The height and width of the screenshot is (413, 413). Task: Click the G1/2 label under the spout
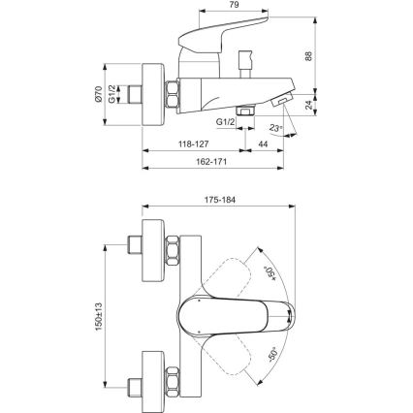pyautogui.click(x=226, y=123)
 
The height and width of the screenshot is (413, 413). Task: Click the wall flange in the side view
pyautogui.click(x=151, y=95)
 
